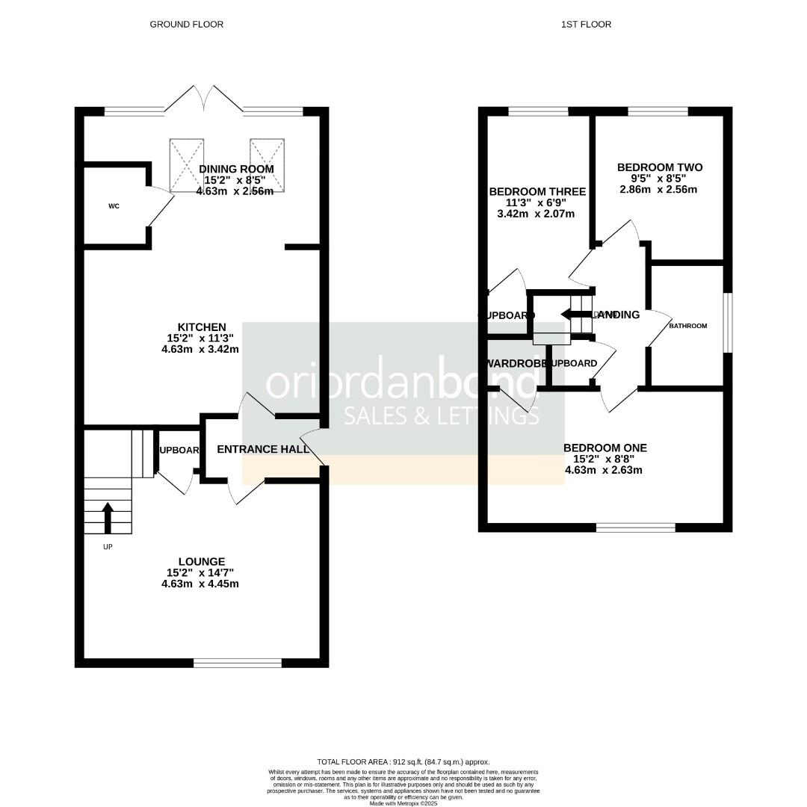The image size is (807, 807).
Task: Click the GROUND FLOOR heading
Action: coord(186,25)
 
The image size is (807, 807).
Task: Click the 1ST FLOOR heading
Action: coord(586,25)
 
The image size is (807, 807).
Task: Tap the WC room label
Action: coord(114,206)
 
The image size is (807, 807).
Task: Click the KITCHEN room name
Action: coord(201,327)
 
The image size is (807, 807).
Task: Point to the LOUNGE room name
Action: coord(201,562)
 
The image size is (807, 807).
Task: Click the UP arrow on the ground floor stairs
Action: coord(108,517)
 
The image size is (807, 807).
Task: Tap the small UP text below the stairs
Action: coord(108,546)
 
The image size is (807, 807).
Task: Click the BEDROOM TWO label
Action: coord(660,167)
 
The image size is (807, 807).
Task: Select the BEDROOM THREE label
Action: coord(537,192)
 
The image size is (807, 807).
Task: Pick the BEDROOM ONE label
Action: coord(605,448)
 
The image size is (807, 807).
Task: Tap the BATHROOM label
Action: coord(687,326)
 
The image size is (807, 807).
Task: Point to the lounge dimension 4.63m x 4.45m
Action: coord(200,584)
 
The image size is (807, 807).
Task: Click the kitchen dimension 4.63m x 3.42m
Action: coord(200,349)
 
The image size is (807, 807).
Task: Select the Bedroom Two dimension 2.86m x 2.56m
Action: coord(659,189)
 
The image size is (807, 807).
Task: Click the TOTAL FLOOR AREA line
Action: coord(403,762)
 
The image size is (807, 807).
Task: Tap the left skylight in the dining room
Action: coord(187,164)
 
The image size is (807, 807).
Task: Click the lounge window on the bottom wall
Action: coord(238,663)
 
